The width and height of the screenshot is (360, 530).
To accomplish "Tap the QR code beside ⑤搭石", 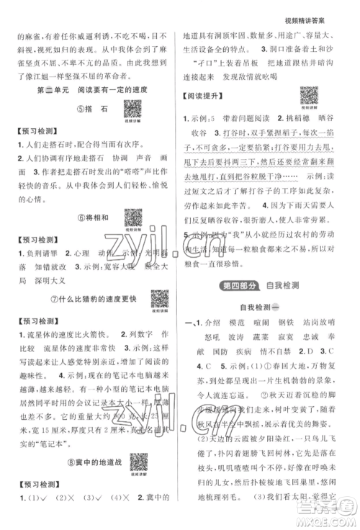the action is [x=132, y=108].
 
